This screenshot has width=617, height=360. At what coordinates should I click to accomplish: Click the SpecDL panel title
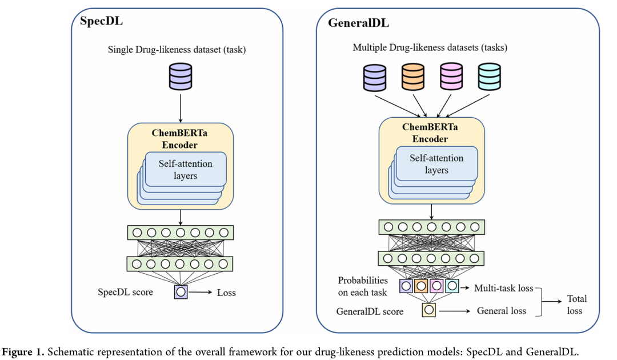point(101,22)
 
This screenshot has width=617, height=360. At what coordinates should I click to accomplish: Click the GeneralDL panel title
point(358,23)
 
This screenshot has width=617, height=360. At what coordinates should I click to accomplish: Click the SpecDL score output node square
point(181,292)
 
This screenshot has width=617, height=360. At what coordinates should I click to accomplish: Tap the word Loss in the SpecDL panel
point(226,293)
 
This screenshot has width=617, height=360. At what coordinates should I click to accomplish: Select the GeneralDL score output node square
point(429,310)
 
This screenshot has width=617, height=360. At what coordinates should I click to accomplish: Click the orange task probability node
point(421,285)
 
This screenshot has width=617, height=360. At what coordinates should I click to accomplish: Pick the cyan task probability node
point(451,285)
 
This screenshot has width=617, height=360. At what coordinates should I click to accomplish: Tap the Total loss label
point(576,305)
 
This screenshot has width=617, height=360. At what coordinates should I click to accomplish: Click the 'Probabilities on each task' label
point(363,286)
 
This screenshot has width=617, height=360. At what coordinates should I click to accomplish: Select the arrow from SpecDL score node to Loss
point(200,293)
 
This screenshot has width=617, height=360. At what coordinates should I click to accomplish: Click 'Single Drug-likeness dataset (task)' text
point(177,50)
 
